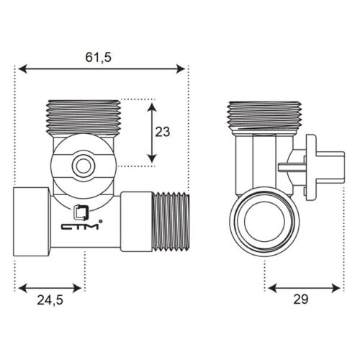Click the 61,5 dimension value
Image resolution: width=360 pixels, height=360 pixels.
[99, 58]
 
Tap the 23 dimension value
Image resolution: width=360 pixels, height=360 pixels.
[163, 132]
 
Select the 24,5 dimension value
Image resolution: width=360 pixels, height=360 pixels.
[50, 300]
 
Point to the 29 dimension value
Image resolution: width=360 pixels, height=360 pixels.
[301, 299]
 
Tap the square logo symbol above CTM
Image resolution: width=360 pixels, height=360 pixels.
[81, 212]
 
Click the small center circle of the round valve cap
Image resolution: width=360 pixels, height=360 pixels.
[84, 166]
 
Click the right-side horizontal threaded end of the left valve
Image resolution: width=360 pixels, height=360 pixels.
[171, 221]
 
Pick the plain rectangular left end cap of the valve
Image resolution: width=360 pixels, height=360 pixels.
[31, 221]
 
